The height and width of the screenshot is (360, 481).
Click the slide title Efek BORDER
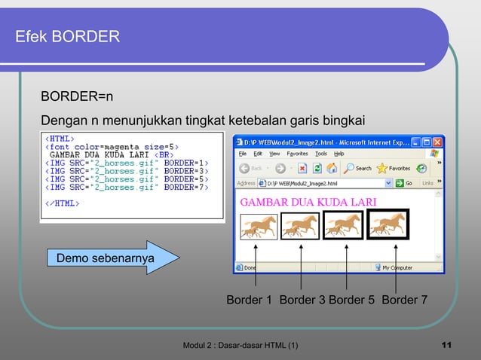(67, 36)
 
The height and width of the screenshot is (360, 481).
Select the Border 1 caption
(250, 301)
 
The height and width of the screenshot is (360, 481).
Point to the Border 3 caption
(302, 301)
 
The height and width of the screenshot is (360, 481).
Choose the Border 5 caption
(351, 301)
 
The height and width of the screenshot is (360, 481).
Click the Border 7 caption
(405, 301)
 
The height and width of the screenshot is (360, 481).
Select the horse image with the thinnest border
(257, 225)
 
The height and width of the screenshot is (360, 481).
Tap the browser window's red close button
(438, 142)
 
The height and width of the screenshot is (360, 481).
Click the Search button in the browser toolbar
(358, 168)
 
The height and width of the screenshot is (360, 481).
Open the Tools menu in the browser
(321, 154)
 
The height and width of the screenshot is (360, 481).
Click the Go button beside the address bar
(405, 183)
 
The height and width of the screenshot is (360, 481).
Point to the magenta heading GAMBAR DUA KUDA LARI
(308, 202)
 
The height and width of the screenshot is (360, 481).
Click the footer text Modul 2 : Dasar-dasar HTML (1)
(240, 346)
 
